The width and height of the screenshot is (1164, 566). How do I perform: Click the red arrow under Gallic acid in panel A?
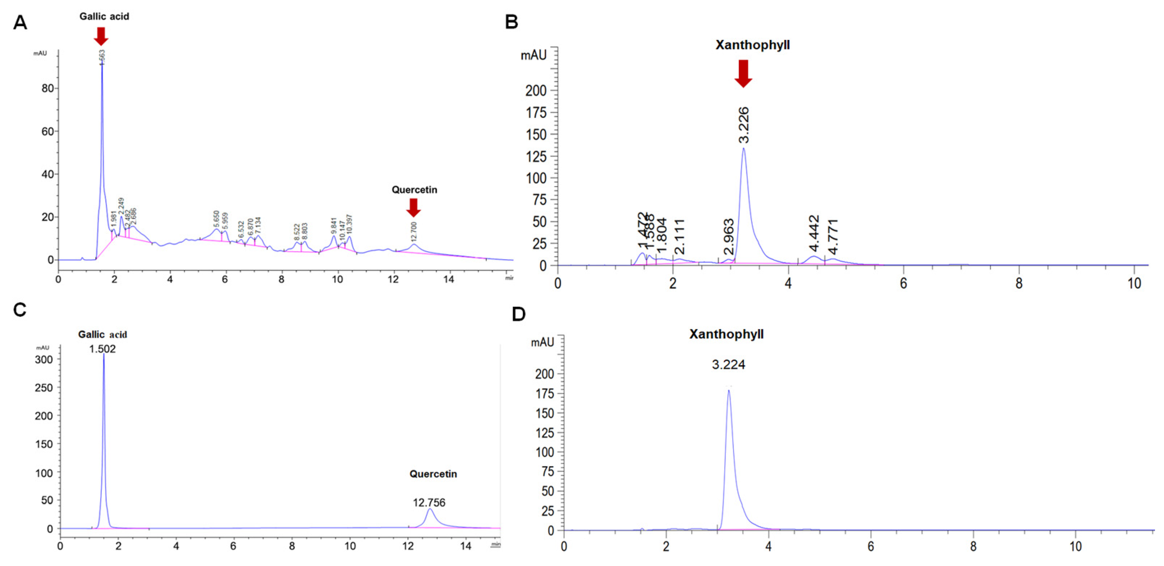[101, 36]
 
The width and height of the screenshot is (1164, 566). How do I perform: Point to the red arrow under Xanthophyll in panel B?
[743, 73]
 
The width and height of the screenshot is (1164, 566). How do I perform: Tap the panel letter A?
[20, 22]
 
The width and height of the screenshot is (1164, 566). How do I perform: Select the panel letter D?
[519, 314]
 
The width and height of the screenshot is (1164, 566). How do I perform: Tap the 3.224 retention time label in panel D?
[728, 365]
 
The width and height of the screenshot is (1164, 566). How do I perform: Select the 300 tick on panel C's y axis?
[44, 360]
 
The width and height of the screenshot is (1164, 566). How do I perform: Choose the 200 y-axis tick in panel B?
[536, 91]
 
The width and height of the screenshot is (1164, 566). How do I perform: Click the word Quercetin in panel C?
[433, 474]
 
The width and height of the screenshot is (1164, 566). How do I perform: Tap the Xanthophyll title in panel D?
[726, 334]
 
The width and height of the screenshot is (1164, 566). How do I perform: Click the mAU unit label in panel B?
[534, 55]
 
